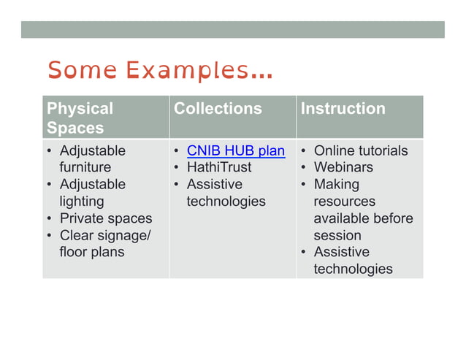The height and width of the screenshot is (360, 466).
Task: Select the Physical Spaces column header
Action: point(80,118)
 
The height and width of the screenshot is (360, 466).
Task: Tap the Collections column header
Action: point(218,108)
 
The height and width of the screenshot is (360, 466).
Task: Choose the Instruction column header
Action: point(343,108)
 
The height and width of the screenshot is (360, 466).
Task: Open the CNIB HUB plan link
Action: point(235,150)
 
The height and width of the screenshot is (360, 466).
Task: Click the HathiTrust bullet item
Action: point(218,167)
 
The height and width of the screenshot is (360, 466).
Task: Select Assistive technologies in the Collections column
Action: point(225,193)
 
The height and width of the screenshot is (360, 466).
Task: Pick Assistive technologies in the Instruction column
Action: point(352,261)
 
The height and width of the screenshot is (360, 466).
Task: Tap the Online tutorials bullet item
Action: point(360,150)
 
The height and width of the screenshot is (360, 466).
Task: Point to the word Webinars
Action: point(343,167)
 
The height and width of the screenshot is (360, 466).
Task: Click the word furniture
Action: point(85,167)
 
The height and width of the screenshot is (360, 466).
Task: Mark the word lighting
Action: point(82,201)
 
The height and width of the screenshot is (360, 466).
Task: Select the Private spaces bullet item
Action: point(105,218)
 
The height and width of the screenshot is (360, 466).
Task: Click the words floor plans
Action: point(91,252)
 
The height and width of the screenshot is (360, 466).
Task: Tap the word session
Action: point(337,235)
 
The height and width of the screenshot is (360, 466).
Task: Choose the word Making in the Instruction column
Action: point(336,184)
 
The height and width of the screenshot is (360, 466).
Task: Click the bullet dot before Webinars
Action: point(303,168)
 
